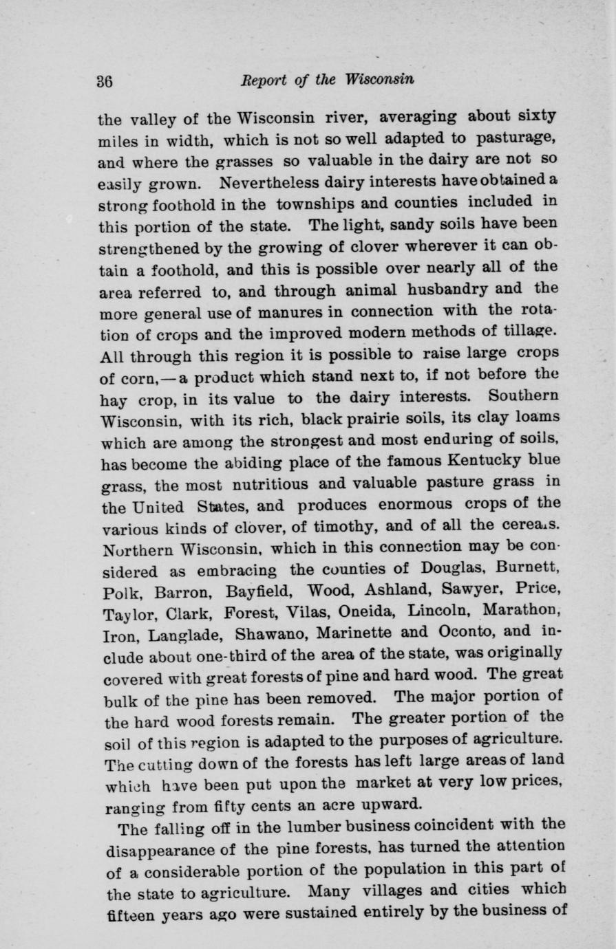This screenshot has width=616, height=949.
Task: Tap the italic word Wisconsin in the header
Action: [x=380, y=78]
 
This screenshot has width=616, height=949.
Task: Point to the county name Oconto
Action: [x=460, y=631]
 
